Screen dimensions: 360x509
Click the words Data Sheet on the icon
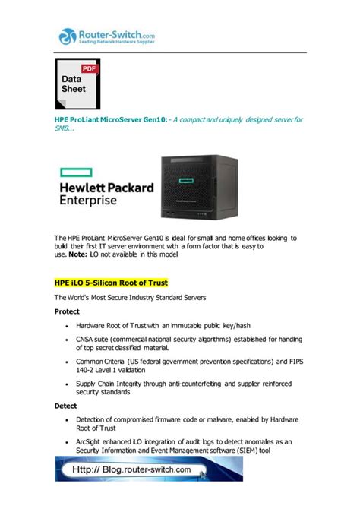(74, 84)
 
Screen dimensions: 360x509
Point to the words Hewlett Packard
(106, 188)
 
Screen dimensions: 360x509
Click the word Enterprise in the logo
(88, 201)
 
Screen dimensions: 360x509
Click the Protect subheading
(67, 311)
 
